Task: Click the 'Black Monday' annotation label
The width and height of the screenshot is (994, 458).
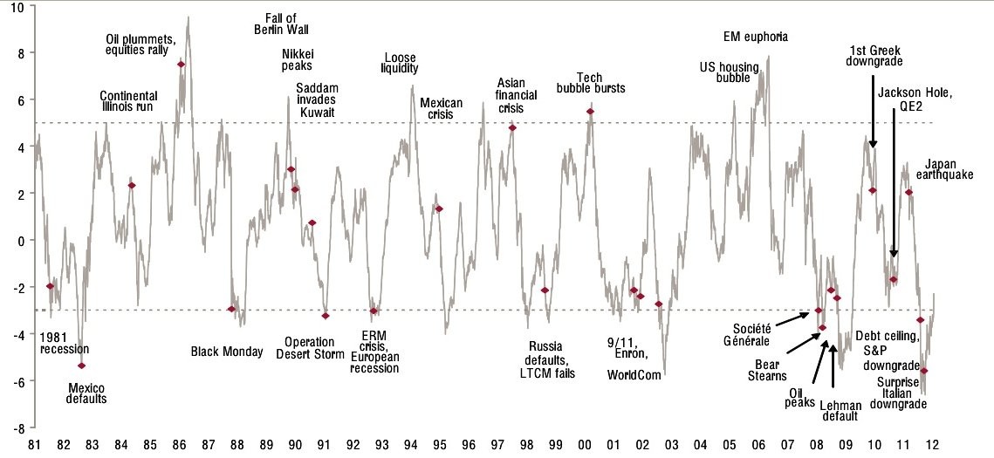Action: pos(226,352)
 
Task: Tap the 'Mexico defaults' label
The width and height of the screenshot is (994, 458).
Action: pos(86,393)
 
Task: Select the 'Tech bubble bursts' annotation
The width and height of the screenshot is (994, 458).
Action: pos(591,83)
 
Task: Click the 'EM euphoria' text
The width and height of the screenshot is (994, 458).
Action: pos(756,37)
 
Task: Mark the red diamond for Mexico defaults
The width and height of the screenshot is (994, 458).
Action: pos(82,366)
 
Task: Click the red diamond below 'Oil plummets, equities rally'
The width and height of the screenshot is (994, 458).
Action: pos(181,65)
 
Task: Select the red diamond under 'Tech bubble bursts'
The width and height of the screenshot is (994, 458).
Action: pos(591,112)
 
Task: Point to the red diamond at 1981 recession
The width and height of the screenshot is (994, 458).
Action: pos(51,286)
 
